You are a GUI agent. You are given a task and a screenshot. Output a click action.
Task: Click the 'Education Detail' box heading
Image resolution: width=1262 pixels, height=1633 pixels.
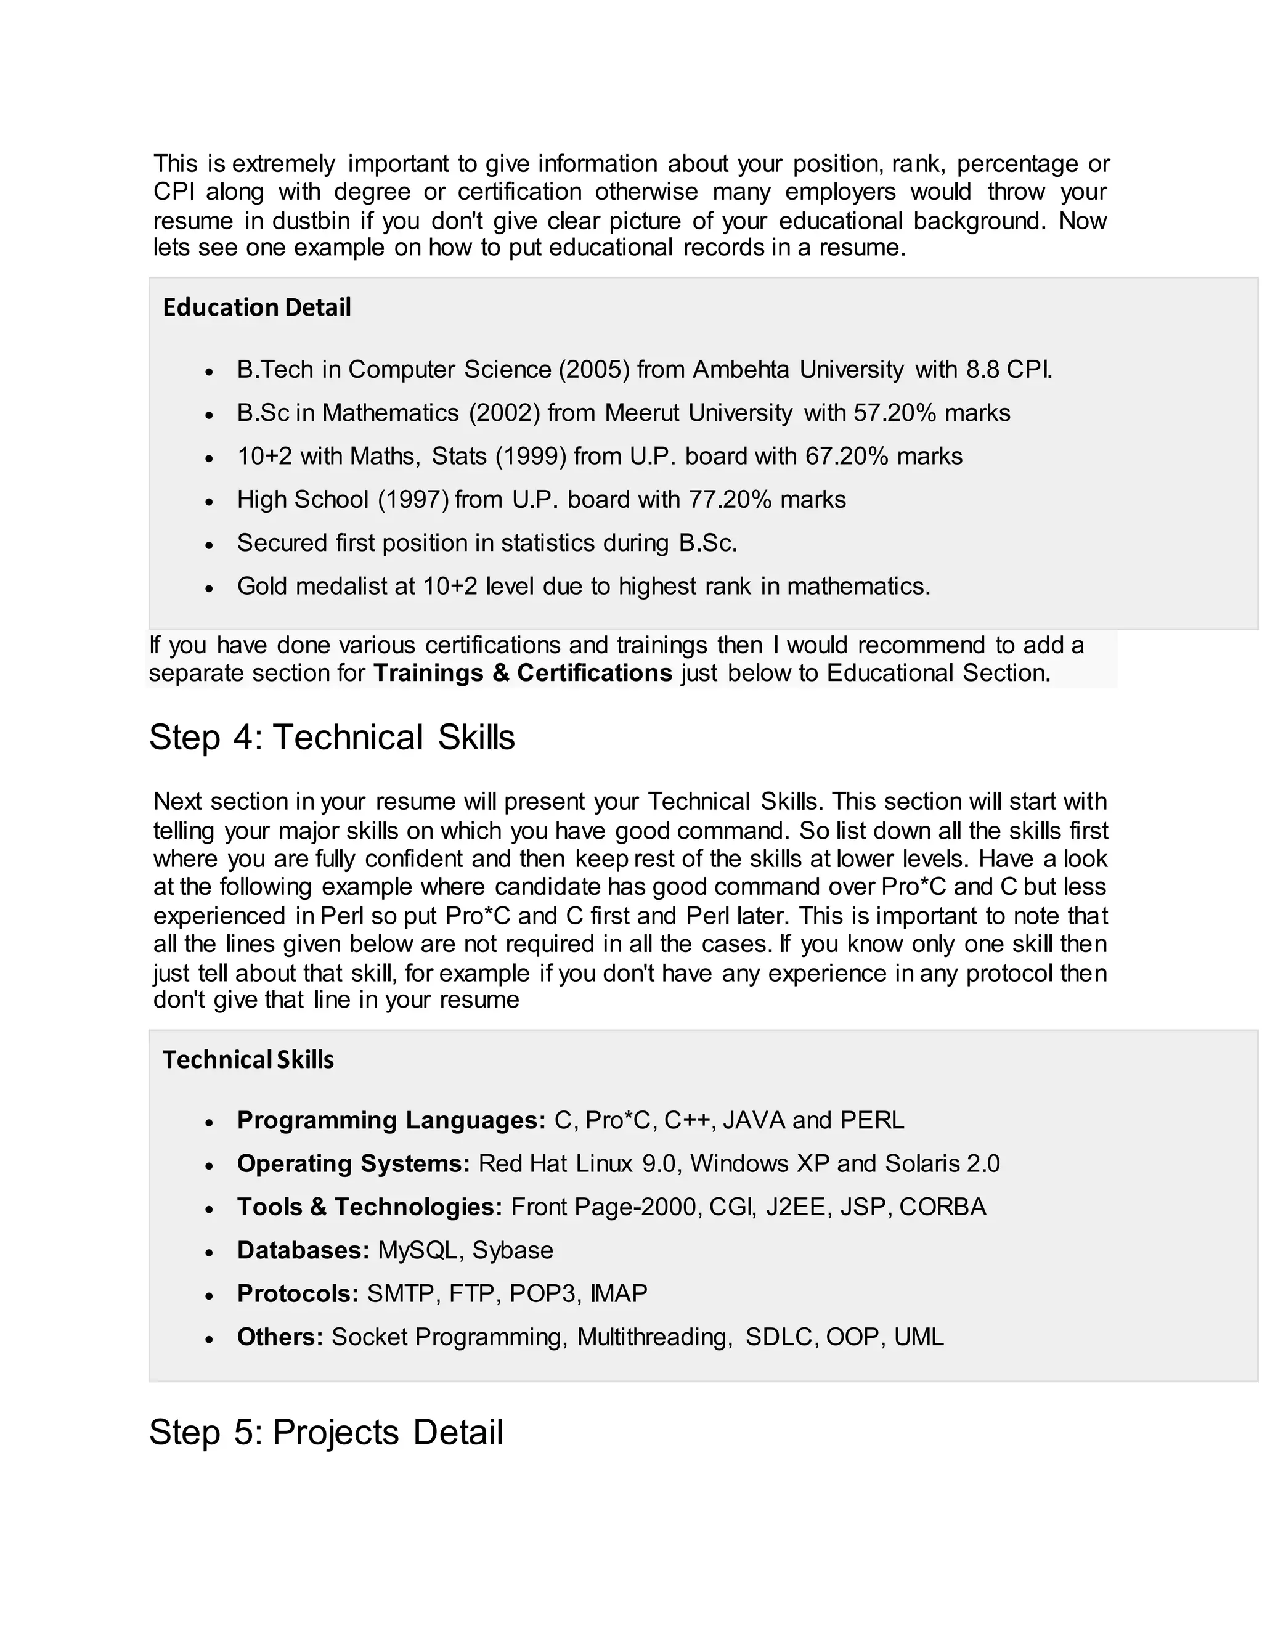pyautogui.click(x=256, y=307)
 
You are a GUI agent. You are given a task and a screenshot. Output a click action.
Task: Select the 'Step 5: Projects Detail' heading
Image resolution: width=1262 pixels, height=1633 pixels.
pyautogui.click(x=326, y=1433)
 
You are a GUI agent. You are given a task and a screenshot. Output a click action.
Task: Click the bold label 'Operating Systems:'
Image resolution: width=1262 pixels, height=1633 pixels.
pyautogui.click(x=354, y=1163)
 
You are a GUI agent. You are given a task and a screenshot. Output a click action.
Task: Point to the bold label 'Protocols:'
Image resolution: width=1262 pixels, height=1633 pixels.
pyautogui.click(x=298, y=1293)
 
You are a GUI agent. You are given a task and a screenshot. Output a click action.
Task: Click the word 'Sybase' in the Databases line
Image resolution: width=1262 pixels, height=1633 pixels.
pyautogui.click(x=513, y=1250)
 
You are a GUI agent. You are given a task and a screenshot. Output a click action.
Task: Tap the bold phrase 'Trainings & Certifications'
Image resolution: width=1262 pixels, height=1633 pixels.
pyautogui.click(x=523, y=673)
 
